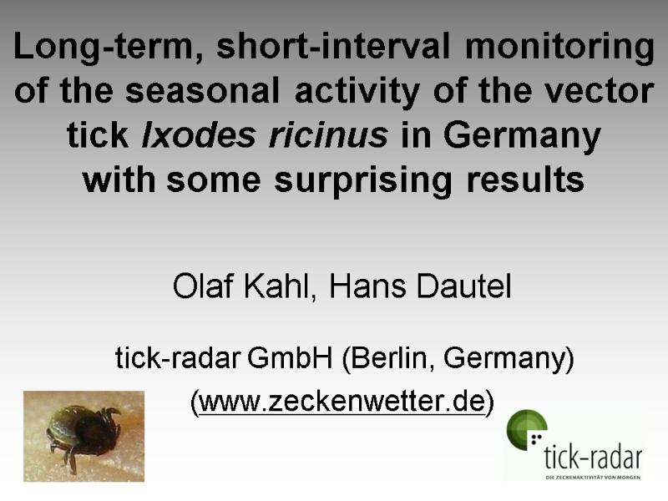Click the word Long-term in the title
102,48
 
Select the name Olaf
200,288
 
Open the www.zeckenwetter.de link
342,402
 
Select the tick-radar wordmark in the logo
593,457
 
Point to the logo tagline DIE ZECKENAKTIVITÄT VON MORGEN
593,477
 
